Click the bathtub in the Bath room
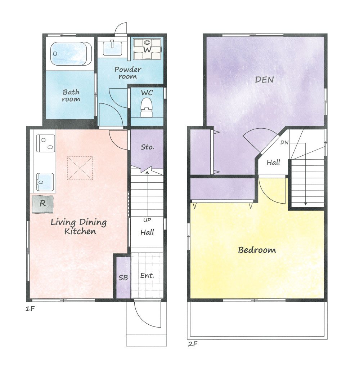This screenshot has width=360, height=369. (71, 54)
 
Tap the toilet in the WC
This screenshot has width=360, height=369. (147, 107)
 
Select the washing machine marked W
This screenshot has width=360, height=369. (148, 49)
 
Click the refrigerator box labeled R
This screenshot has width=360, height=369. (42, 204)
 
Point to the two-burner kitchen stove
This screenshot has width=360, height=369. (46, 143)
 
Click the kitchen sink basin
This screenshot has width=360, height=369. (45, 182)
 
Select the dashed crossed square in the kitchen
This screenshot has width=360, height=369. (80, 168)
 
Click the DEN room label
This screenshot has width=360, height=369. (264, 80)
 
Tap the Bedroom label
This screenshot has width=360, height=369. (257, 250)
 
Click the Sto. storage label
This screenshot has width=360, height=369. (148, 147)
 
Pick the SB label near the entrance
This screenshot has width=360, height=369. (123, 278)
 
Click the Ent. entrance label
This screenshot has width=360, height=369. (147, 275)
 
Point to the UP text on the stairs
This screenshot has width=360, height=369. (147, 220)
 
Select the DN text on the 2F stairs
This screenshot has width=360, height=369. (284, 143)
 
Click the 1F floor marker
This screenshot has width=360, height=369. (30, 309)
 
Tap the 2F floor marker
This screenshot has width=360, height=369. (192, 344)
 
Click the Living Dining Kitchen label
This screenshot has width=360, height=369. (79, 227)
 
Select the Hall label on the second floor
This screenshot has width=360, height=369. (273, 162)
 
